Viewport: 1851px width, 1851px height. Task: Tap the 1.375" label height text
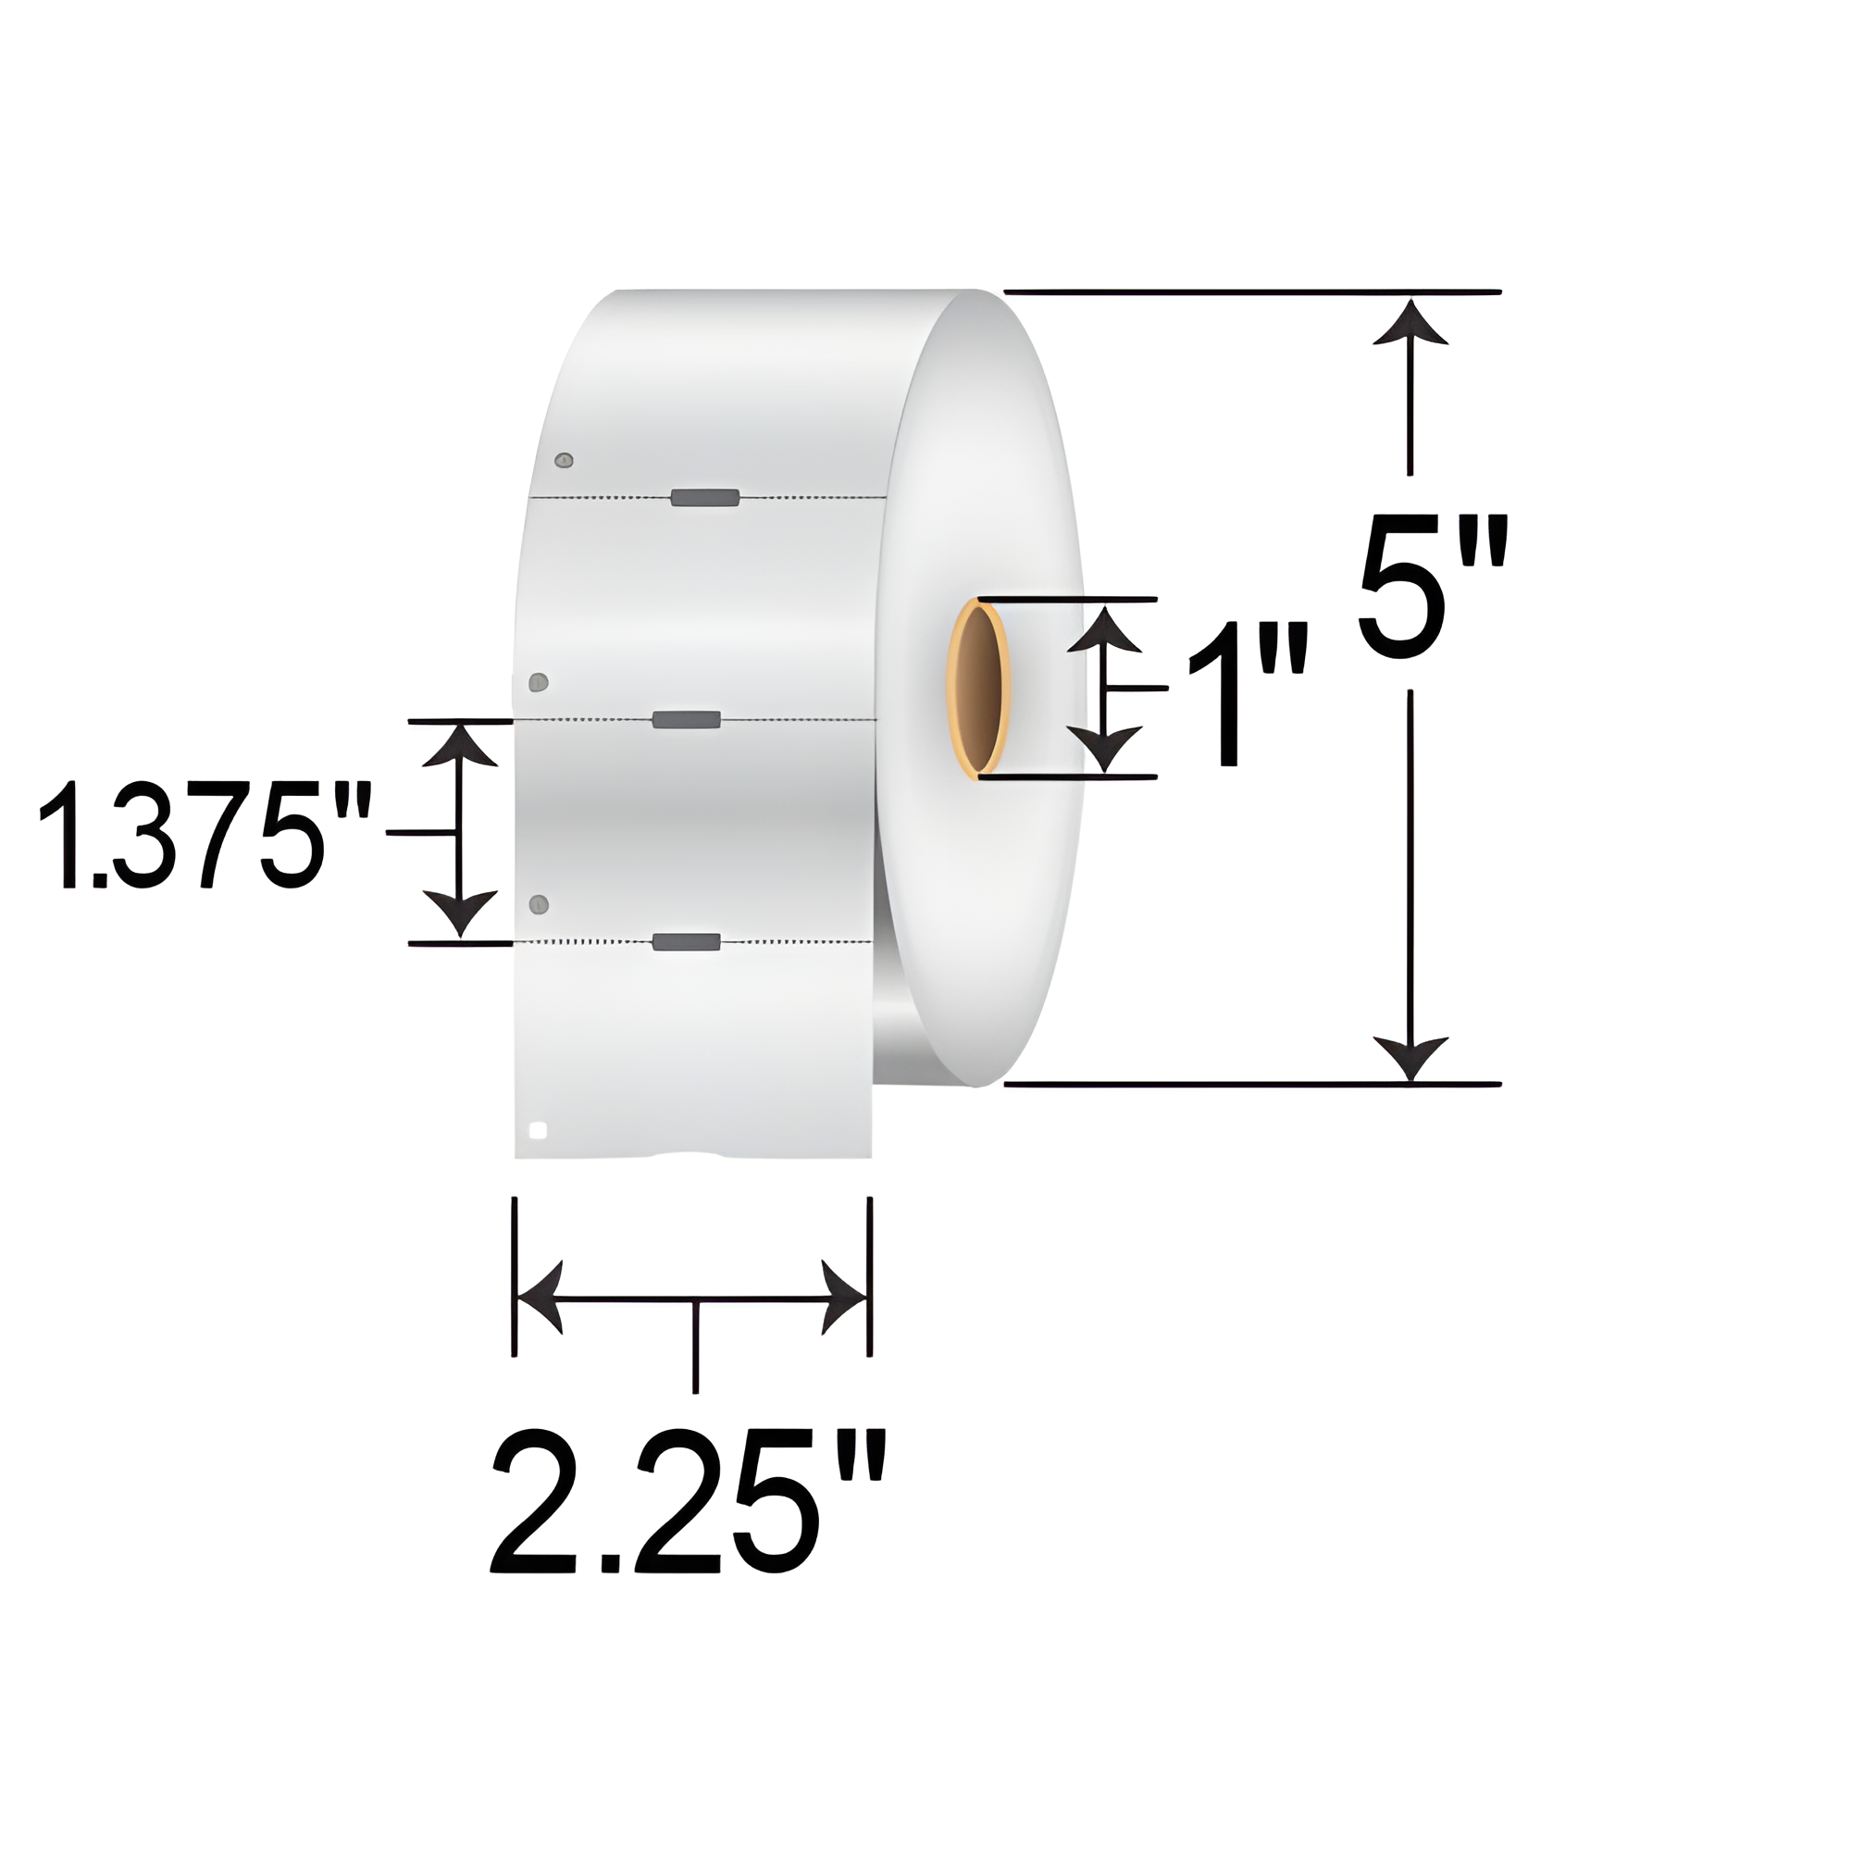[x=203, y=835]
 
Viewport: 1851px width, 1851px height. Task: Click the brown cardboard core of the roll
[x=978, y=687]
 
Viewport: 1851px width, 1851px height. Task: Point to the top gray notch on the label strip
[x=705, y=496]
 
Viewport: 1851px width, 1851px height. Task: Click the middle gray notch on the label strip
[x=686, y=719]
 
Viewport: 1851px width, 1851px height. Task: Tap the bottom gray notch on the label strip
[x=686, y=943]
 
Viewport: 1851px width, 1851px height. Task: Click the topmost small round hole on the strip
[x=565, y=461]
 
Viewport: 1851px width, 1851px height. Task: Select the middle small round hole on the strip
[x=539, y=682]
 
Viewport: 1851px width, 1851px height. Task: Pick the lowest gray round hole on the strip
[x=539, y=903]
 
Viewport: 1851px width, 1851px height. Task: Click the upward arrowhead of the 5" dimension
[x=1410, y=323]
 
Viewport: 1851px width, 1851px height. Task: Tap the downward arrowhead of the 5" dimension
[x=1410, y=1058]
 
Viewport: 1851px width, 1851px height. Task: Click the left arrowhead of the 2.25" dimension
[x=540, y=1298]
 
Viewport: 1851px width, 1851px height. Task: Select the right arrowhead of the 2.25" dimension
[x=844, y=1298]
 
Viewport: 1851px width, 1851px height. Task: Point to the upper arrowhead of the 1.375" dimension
[x=460, y=746]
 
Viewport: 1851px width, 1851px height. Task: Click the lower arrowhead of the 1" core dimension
[x=1105, y=747]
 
